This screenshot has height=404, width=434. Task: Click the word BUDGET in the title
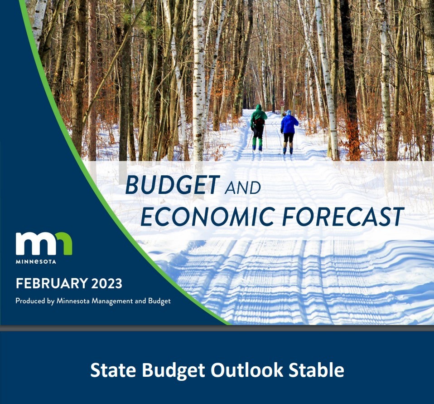[x=173, y=185]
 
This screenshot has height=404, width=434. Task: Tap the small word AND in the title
[x=243, y=188]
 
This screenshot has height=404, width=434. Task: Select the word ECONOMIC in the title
[x=208, y=216]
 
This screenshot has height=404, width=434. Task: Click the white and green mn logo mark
[x=44, y=243]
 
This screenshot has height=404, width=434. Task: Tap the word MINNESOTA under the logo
[x=36, y=261]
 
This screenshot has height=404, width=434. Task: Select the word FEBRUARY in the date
[x=52, y=283]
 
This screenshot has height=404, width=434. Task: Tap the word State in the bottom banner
[x=113, y=370]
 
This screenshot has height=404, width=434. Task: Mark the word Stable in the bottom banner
[x=316, y=370]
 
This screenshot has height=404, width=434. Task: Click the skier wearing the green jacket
[x=259, y=128]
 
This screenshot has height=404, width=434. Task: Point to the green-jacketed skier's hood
[x=259, y=108]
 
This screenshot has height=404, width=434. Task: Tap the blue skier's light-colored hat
[x=289, y=112]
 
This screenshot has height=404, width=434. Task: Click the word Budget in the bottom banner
[x=173, y=370]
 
